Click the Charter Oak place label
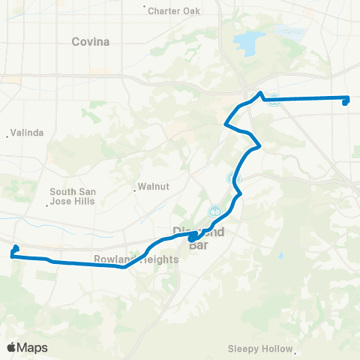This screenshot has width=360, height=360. pyautogui.click(x=174, y=11)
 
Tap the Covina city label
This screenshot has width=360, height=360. pyautogui.click(x=90, y=42)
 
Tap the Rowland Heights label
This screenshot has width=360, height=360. pyautogui.click(x=136, y=259)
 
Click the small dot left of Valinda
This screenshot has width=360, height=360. pyautogui.click(x=8, y=136)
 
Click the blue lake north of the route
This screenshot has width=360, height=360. pyautogui.click(x=247, y=43)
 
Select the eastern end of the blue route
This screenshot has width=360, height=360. pyautogui.click(x=345, y=100)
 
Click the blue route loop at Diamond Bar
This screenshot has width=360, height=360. pyautogui.click(x=193, y=238)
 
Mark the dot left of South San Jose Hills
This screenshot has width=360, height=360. pyautogui.click(x=48, y=203)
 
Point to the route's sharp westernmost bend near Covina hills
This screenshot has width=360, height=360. pyautogui.click(x=226, y=124)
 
